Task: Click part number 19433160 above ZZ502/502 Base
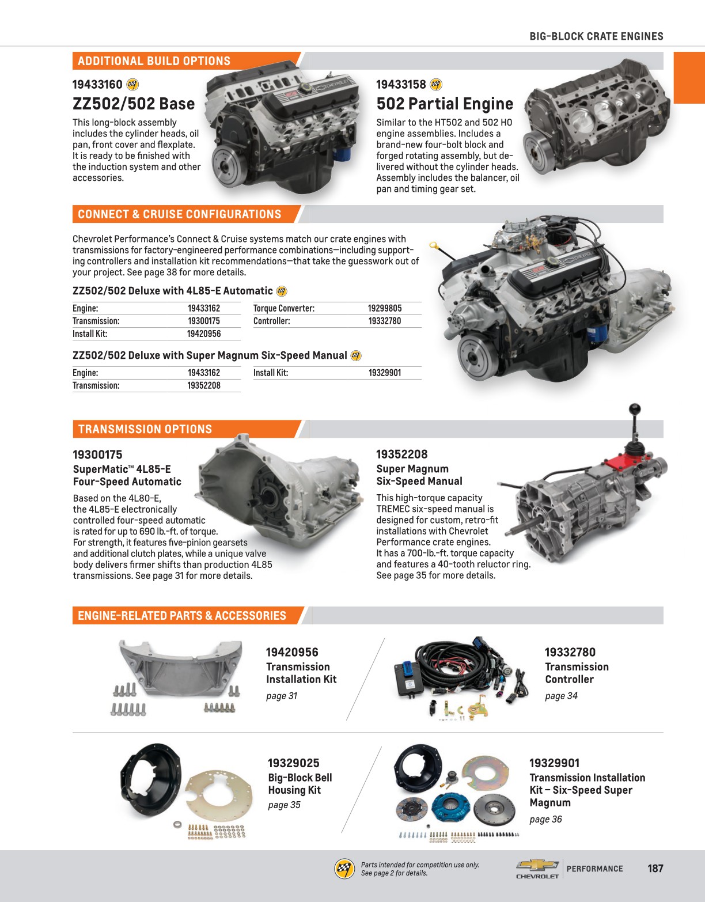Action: [x=97, y=85]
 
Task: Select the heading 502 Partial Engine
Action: [x=445, y=104]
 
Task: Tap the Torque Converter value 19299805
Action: [x=385, y=308]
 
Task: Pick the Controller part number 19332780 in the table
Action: [x=385, y=321]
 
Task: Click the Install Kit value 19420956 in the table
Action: [x=204, y=333]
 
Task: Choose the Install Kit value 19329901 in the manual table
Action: [x=385, y=373]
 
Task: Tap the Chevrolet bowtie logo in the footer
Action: [x=537, y=865]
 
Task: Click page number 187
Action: [x=655, y=869]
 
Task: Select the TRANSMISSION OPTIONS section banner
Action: [x=145, y=429]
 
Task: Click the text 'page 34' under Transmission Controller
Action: [x=561, y=696]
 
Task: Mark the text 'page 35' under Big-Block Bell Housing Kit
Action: [x=284, y=805]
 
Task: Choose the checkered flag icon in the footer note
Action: [x=344, y=869]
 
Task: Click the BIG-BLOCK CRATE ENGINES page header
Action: [x=596, y=36]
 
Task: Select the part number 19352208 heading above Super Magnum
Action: [x=401, y=454]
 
